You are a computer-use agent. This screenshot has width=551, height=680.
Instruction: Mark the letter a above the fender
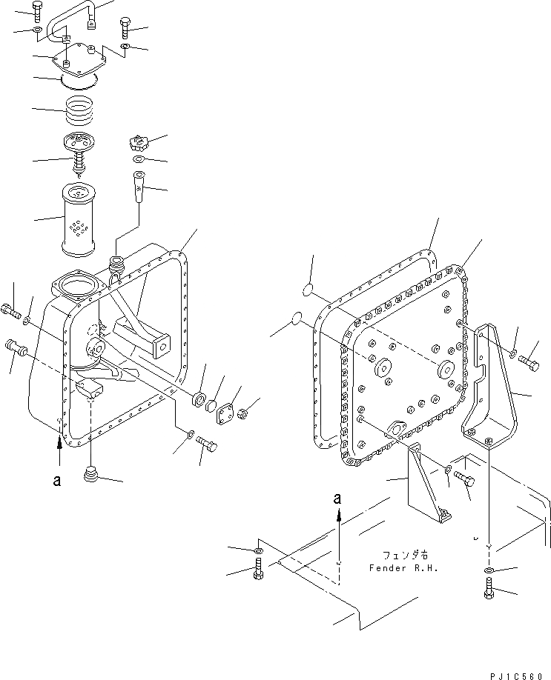coord(337,500)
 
